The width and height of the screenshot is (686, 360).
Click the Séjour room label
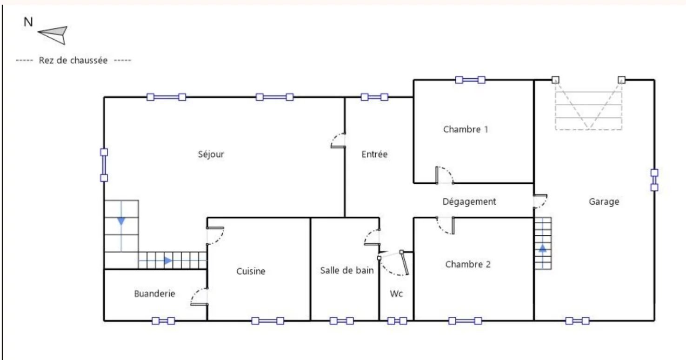[211, 154]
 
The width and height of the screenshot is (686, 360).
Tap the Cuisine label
[251, 271]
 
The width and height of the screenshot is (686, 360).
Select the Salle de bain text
[346, 270]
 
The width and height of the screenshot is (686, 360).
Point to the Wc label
[396, 294]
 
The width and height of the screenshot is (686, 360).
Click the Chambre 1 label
[466, 129]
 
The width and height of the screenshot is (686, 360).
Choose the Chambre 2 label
[468, 264]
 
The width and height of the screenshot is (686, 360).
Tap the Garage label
[604, 201]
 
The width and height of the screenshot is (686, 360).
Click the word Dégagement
[469, 201]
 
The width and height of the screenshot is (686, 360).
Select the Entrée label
[374, 154]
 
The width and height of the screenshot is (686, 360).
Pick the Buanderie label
[155, 294]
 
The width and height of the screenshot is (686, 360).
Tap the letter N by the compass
[28, 22]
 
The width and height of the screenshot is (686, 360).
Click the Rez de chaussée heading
[73, 60]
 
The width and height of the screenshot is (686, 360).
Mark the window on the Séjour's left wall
[104, 165]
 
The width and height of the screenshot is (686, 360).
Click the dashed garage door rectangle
[588, 130]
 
